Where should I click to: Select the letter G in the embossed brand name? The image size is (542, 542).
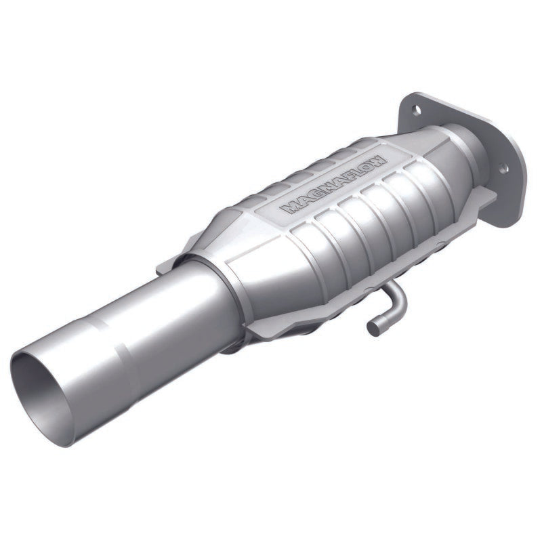(311, 198)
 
